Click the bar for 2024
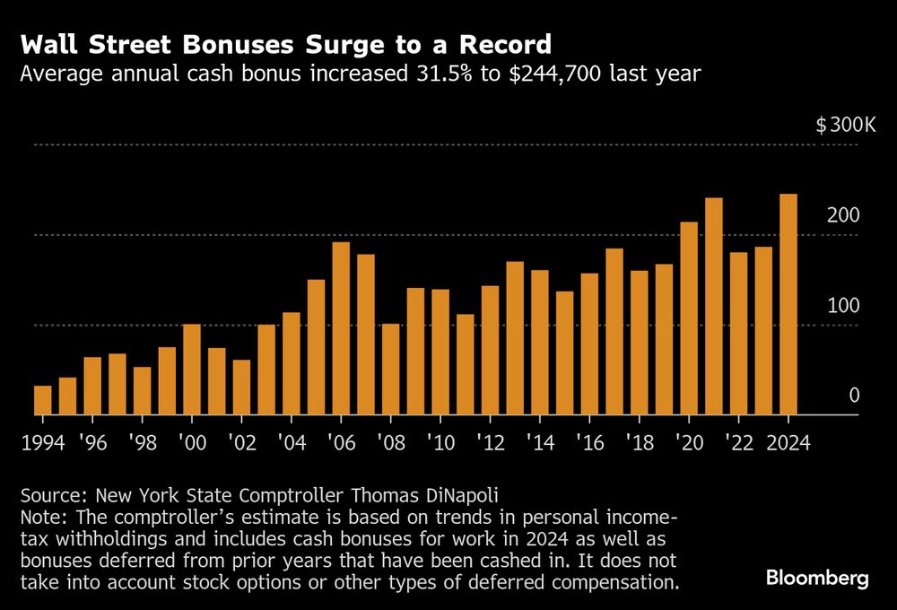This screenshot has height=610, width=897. point(788,305)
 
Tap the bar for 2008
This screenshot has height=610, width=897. point(391,370)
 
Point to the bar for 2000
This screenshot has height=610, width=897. point(192,370)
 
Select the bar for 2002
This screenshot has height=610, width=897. point(241,388)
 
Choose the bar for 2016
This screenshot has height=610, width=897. point(589,344)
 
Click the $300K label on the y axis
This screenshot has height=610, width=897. point(845,126)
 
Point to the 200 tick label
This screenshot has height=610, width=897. point(844,216)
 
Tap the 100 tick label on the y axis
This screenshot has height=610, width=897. point(844,306)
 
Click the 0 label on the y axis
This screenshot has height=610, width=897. point(854,396)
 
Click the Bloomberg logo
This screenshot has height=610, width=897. point(817,578)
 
